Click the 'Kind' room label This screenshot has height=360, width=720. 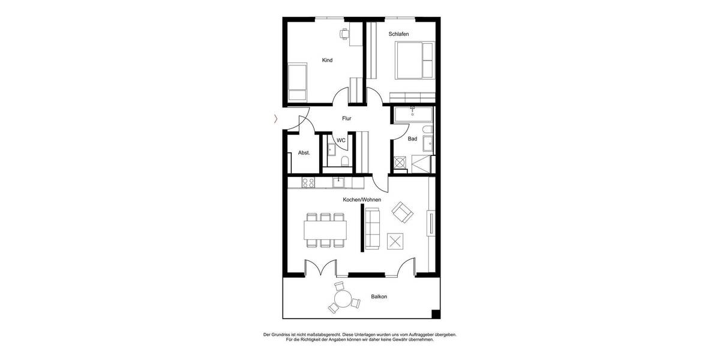point(327,60)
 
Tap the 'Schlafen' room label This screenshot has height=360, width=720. point(398,34)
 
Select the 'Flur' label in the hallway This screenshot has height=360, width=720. point(346,118)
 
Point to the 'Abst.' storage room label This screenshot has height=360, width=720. point(304,153)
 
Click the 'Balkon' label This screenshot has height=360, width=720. point(379,297)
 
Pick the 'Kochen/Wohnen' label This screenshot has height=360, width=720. point(362,199)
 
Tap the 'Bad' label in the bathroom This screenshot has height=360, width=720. point(412,139)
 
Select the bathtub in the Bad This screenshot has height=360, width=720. point(413,114)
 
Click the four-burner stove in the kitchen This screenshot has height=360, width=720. point(308,183)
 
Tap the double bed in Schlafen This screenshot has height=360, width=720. point(414,60)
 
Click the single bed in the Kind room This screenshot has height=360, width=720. point(298,83)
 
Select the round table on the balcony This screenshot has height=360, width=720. point(343,298)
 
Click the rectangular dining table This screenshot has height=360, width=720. point(325,230)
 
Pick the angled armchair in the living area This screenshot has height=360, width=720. point(402,211)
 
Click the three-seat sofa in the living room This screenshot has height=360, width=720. point(373,229)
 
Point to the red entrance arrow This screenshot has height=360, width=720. point(275,119)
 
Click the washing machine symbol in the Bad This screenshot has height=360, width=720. point(400,162)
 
